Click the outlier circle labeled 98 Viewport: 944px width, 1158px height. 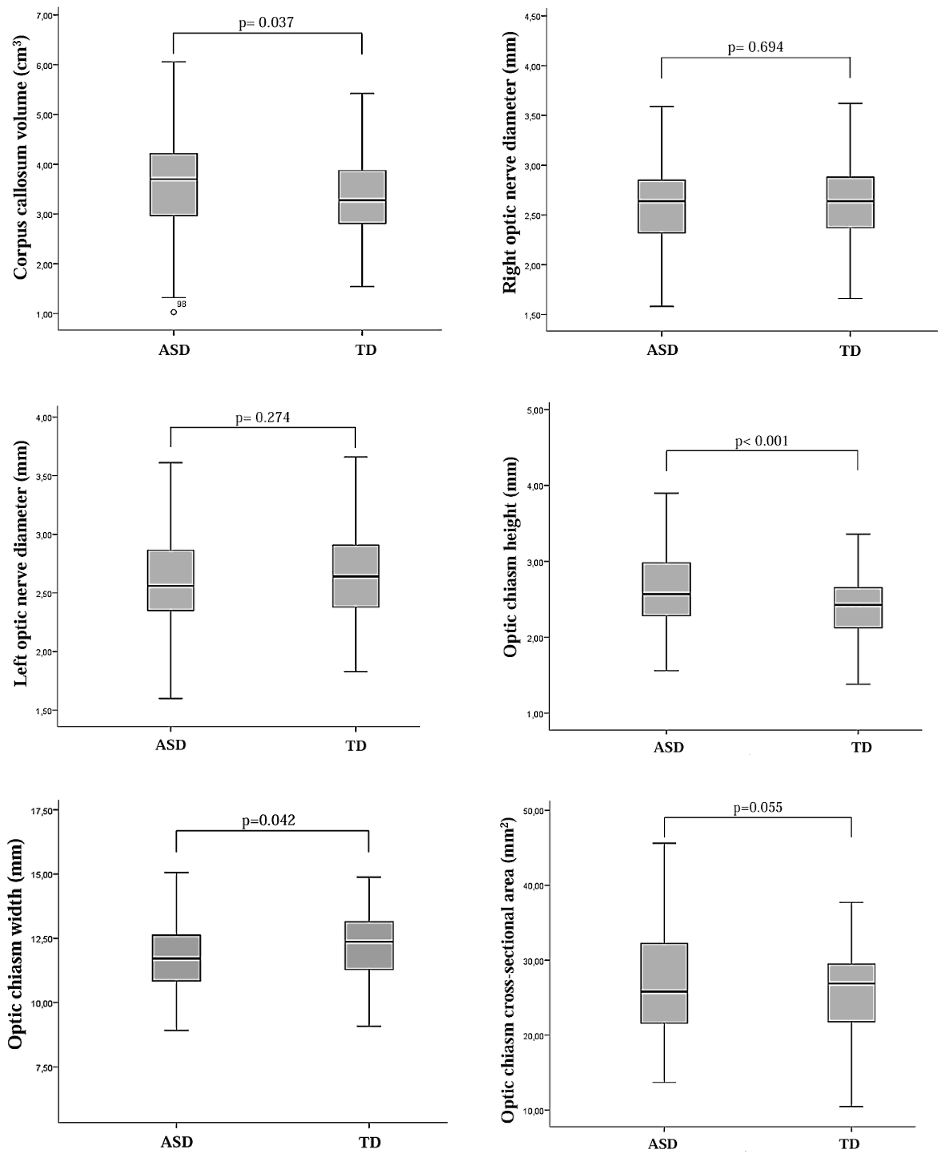click(173, 312)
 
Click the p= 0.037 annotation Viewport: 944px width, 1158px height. click(266, 22)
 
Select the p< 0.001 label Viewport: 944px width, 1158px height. click(761, 441)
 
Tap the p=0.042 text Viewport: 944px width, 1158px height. click(269, 820)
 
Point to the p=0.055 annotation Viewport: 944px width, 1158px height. click(757, 808)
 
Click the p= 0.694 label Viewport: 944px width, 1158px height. click(755, 47)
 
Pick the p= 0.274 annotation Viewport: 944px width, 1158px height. click(262, 417)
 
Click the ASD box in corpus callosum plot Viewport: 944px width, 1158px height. click(173, 185)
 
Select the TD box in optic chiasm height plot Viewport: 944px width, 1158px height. click(858, 607)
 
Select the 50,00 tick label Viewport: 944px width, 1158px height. click(531, 811)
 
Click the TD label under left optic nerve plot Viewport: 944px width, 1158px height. click(356, 745)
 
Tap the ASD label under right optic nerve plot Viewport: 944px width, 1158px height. click(662, 350)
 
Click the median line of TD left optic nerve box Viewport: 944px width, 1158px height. click(356, 576)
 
